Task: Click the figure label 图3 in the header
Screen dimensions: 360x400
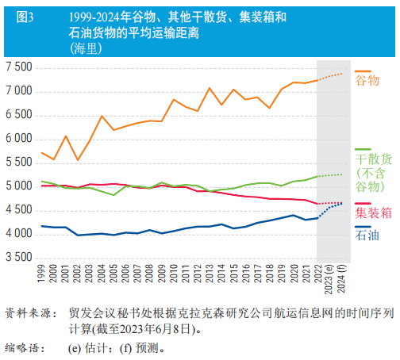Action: pos(26,16)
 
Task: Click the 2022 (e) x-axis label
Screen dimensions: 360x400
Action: pos(320,281)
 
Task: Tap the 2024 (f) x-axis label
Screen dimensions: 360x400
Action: pos(344,281)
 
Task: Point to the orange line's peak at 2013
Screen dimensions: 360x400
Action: pos(210,88)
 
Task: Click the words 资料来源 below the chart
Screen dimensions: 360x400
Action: pos(25,312)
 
